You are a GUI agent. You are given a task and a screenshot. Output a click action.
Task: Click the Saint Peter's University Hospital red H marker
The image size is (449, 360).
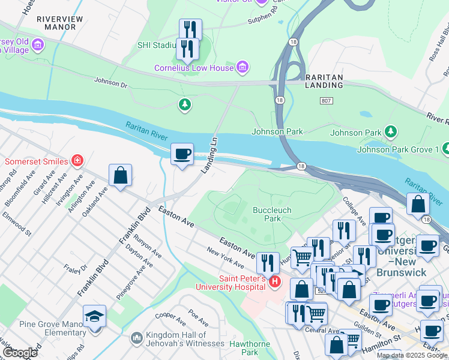point(275,280)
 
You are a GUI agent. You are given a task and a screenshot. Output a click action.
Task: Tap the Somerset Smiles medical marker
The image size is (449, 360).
point(77,160)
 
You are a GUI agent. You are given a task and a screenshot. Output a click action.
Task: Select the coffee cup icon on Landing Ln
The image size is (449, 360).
point(182,154)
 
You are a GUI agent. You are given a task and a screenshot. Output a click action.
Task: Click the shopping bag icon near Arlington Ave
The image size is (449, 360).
point(120,175)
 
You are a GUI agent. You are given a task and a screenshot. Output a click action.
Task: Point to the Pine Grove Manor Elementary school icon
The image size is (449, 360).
point(94,316)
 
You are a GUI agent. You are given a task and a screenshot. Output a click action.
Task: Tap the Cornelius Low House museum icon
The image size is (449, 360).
point(242,67)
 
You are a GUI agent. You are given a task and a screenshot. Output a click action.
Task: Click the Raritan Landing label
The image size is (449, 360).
point(324,82)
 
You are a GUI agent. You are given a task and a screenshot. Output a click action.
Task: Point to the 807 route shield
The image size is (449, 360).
point(326,101)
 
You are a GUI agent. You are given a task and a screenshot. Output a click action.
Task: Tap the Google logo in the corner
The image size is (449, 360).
point(19,352)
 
